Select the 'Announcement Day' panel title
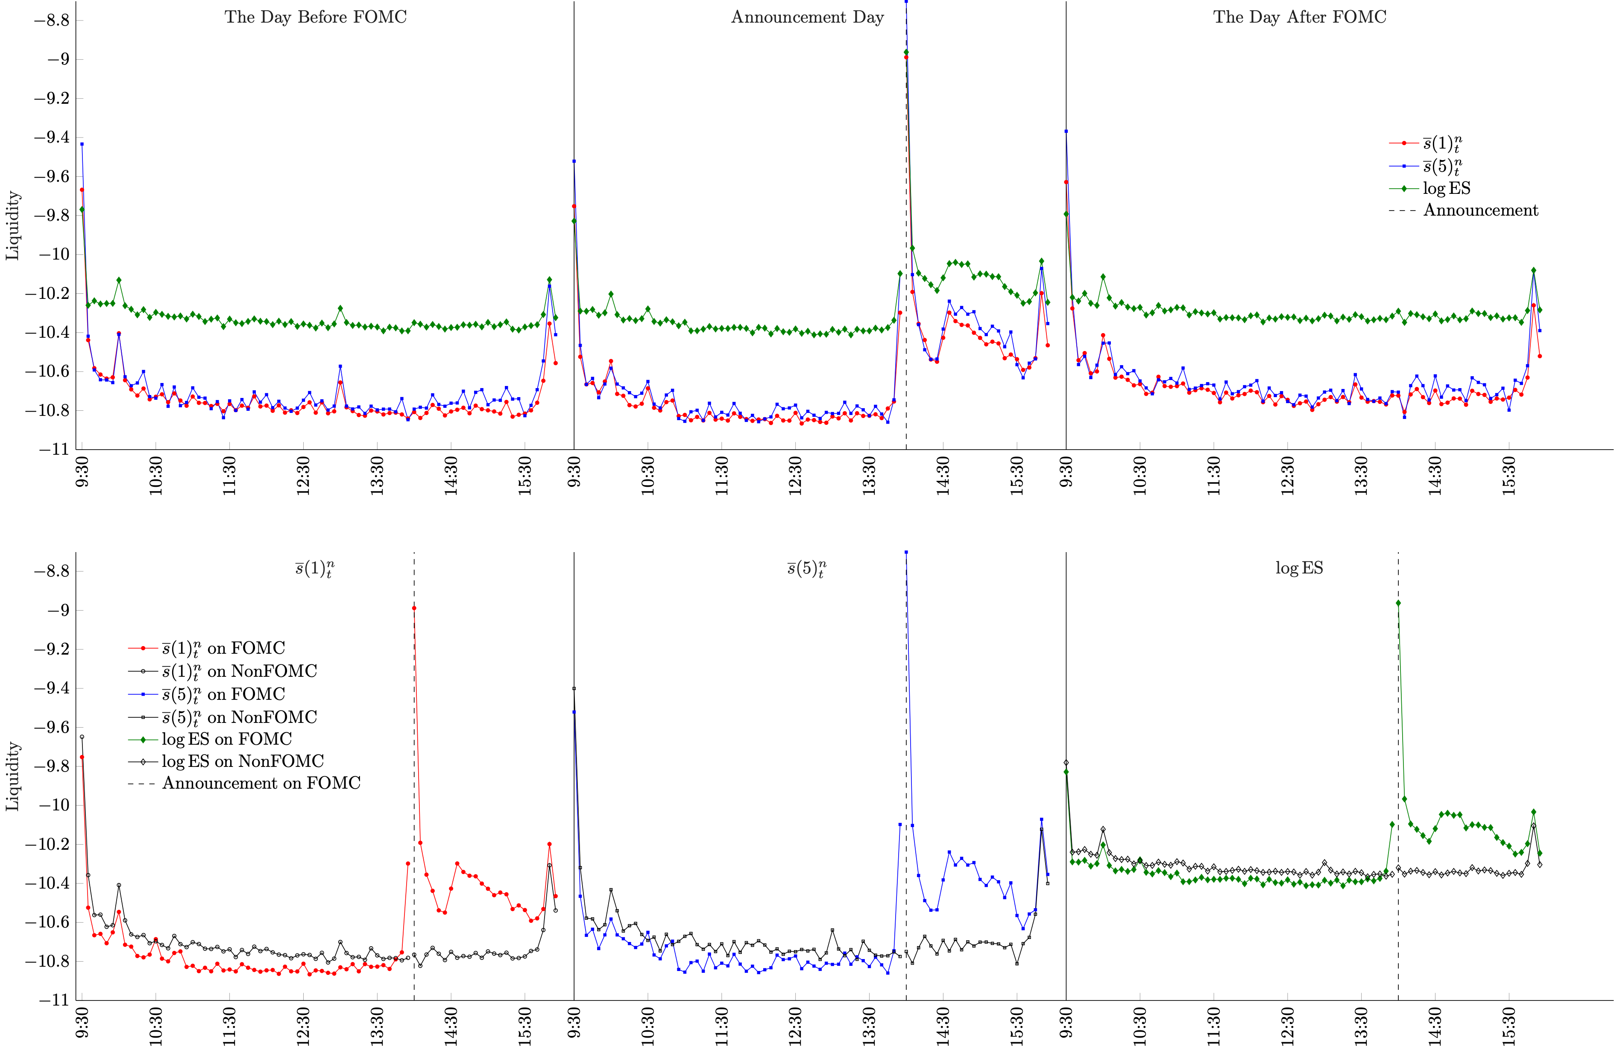coord(807,17)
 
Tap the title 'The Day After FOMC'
coord(1299,17)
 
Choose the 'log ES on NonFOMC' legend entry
coord(242,761)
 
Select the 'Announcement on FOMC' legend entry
coord(261,783)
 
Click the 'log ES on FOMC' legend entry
coord(226,739)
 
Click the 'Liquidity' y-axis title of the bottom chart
coord(13,776)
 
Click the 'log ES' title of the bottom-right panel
coord(1299,568)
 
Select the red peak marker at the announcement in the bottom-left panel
coord(414,608)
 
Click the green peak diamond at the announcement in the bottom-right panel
coord(1398,603)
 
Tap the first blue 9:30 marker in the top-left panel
coord(82,144)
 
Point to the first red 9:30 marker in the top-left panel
coord(82,190)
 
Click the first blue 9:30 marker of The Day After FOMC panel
coord(1066,131)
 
